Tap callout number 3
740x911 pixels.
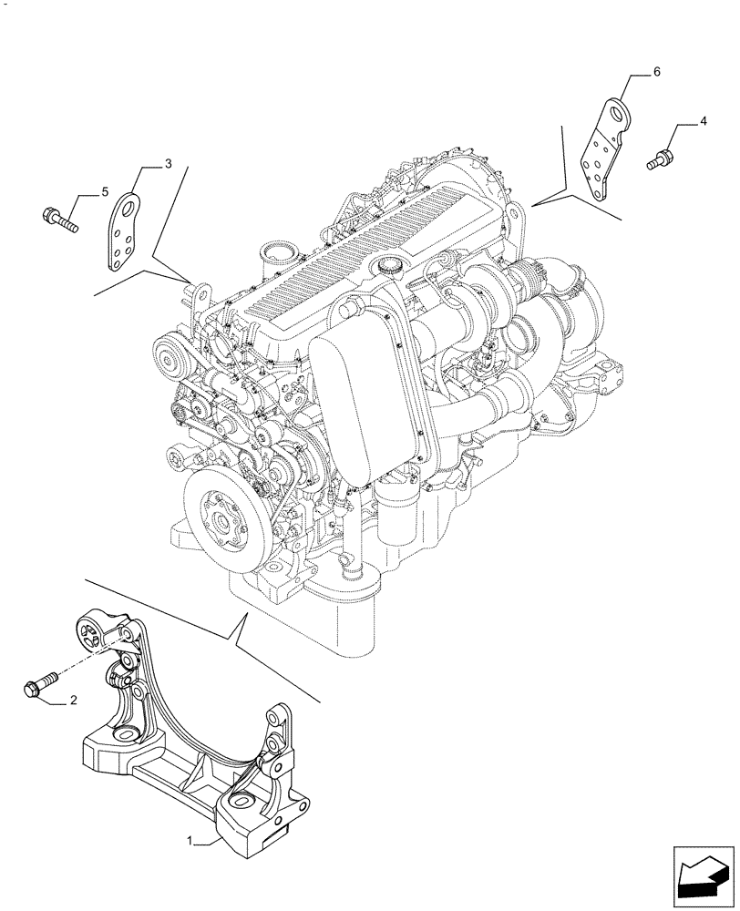pos(168,164)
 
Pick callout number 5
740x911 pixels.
pos(105,192)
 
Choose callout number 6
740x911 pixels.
pos(657,71)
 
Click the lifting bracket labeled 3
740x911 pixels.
pos(125,231)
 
